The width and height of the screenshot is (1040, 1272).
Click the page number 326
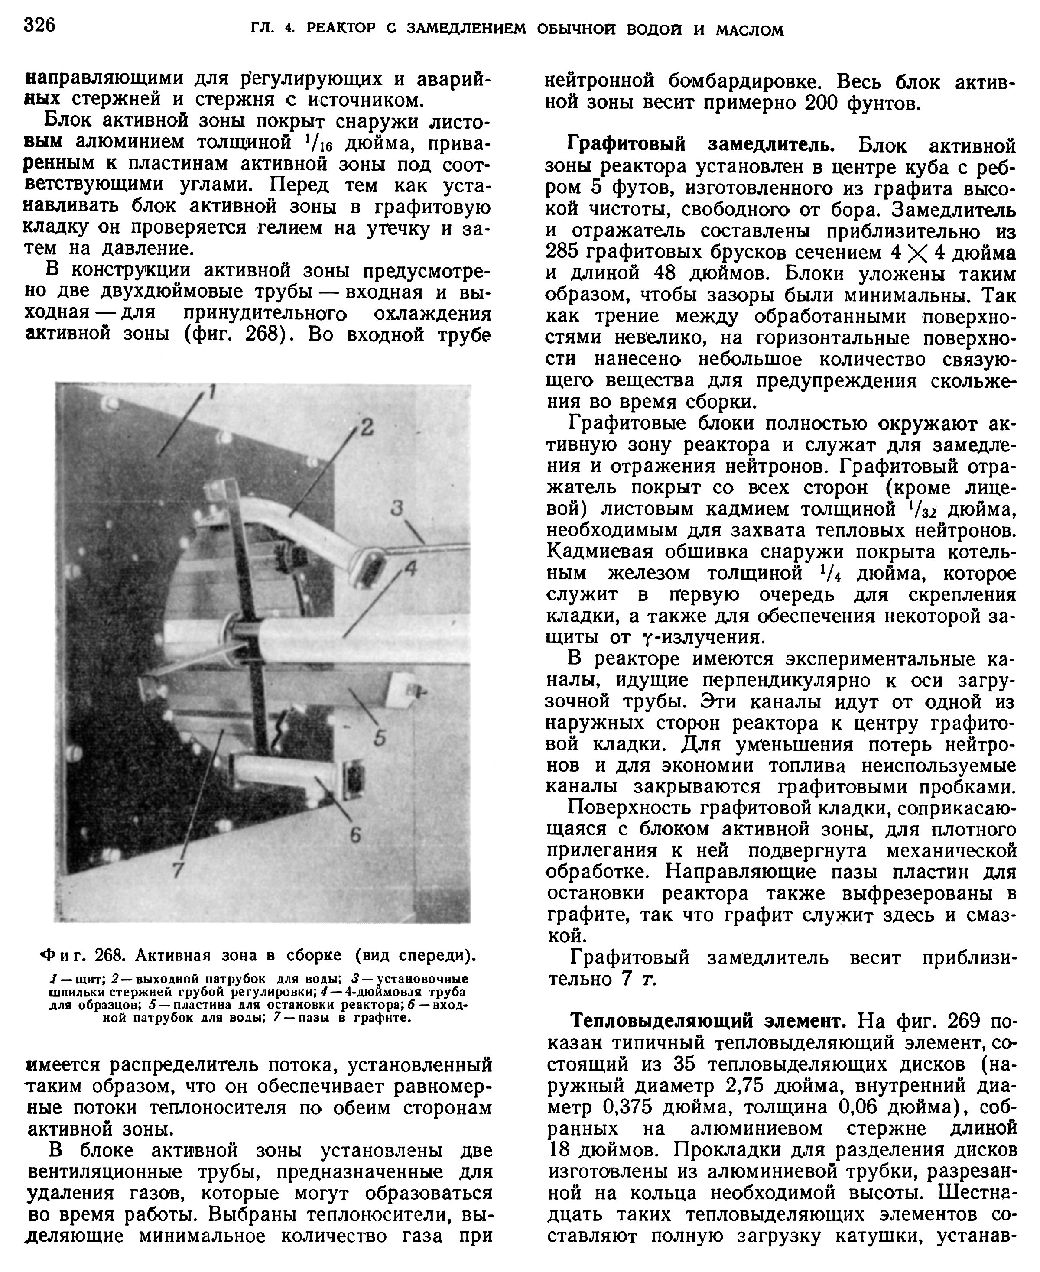tap(39, 26)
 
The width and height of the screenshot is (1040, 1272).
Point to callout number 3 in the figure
tap(396, 509)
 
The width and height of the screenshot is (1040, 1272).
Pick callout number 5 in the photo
tap(380, 738)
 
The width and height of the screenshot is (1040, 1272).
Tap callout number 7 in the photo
tap(177, 870)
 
